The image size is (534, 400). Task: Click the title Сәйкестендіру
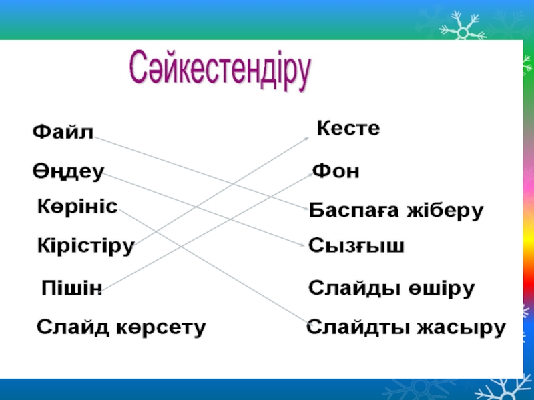(220, 71)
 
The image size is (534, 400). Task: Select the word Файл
(63, 131)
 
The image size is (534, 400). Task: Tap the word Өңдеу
(68, 171)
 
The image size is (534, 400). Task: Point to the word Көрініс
(77, 206)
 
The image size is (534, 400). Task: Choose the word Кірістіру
(86, 245)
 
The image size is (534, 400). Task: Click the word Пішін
(71, 287)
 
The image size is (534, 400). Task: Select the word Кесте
(348, 128)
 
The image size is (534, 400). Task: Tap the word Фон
(336, 171)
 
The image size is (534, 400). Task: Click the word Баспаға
(354, 210)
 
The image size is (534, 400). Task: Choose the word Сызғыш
(356, 245)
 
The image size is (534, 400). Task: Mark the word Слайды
(354, 288)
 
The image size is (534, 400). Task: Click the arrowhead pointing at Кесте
(306, 138)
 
